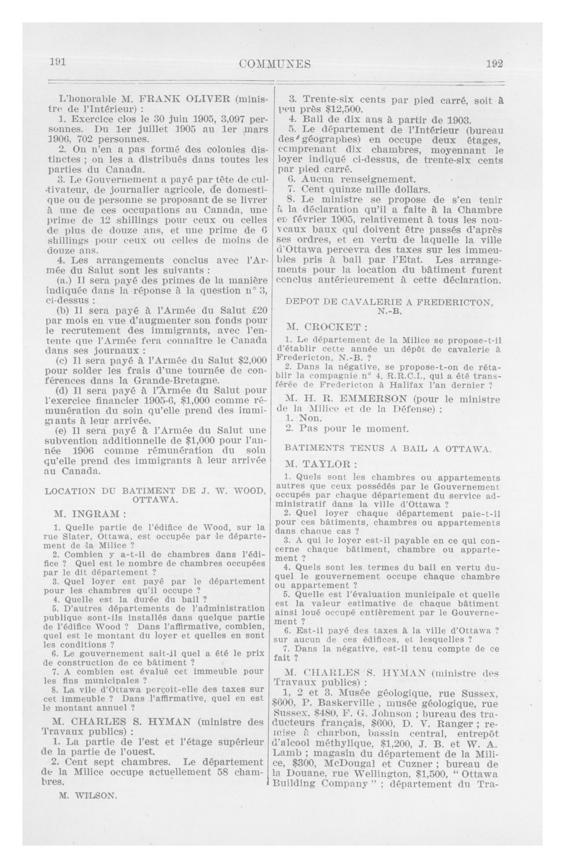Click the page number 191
[58, 62]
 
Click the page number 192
[495, 64]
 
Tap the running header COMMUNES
[275, 64]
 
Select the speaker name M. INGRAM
[90, 514]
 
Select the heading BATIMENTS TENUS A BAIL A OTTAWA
[387, 449]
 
